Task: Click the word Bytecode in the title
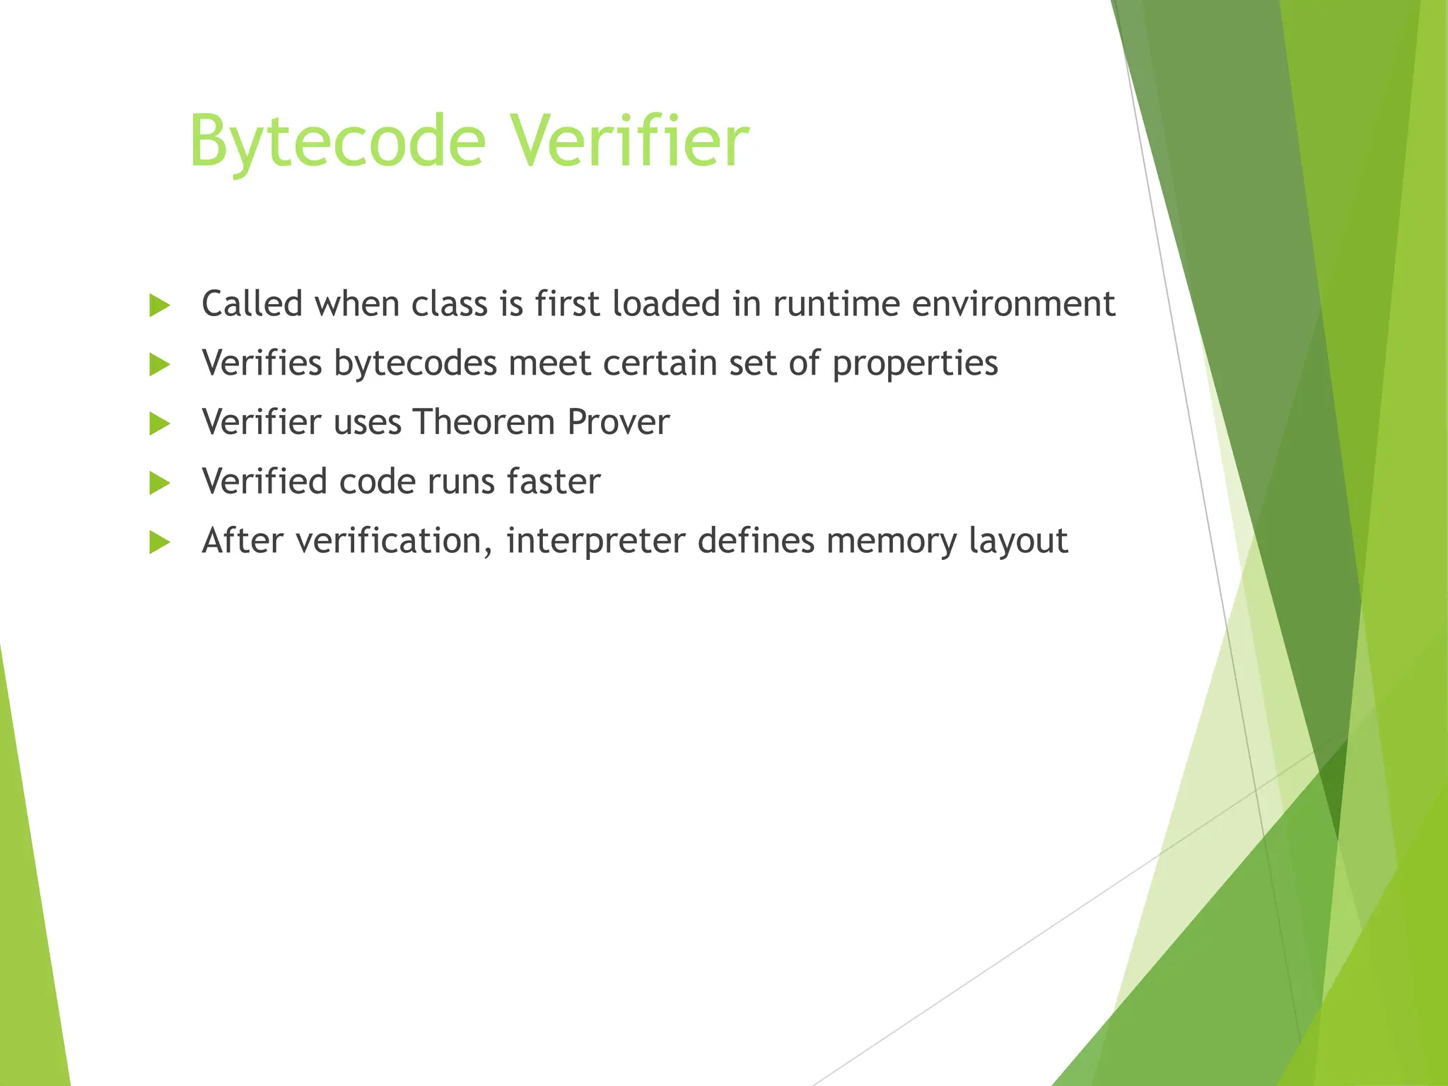click(337, 142)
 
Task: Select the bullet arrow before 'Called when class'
click(160, 306)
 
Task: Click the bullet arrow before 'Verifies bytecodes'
click(160, 366)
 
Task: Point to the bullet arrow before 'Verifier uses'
click(160, 424)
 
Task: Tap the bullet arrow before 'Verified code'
click(160, 484)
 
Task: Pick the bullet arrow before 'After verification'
click(160, 543)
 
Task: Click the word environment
click(1013, 305)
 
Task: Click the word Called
click(252, 305)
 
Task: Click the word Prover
click(618, 423)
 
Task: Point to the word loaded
click(666, 305)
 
